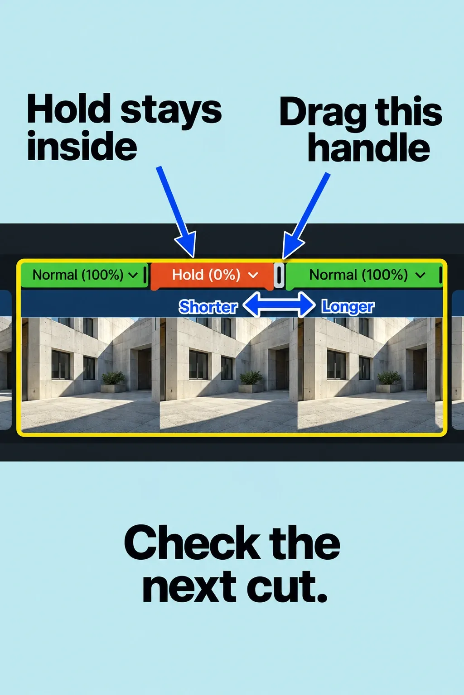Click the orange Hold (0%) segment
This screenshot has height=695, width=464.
pyautogui.click(x=212, y=276)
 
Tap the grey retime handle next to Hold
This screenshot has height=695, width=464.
pyautogui.click(x=279, y=275)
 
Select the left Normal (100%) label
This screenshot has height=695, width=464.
pyautogui.click(x=78, y=275)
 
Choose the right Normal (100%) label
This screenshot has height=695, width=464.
pyautogui.click(x=358, y=275)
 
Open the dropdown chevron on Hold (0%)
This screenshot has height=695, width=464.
pyautogui.click(x=253, y=275)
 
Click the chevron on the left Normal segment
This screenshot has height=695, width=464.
pyautogui.click(x=133, y=275)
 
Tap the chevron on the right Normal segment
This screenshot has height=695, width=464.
pyautogui.click(x=420, y=275)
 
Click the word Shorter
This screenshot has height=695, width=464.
pyautogui.click(x=208, y=307)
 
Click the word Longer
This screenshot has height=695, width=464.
pyautogui.click(x=348, y=306)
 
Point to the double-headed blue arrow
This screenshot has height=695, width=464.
pyautogui.click(x=279, y=305)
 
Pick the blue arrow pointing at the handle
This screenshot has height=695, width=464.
pyautogui.click(x=305, y=216)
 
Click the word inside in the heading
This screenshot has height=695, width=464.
pyautogui.click(x=82, y=145)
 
